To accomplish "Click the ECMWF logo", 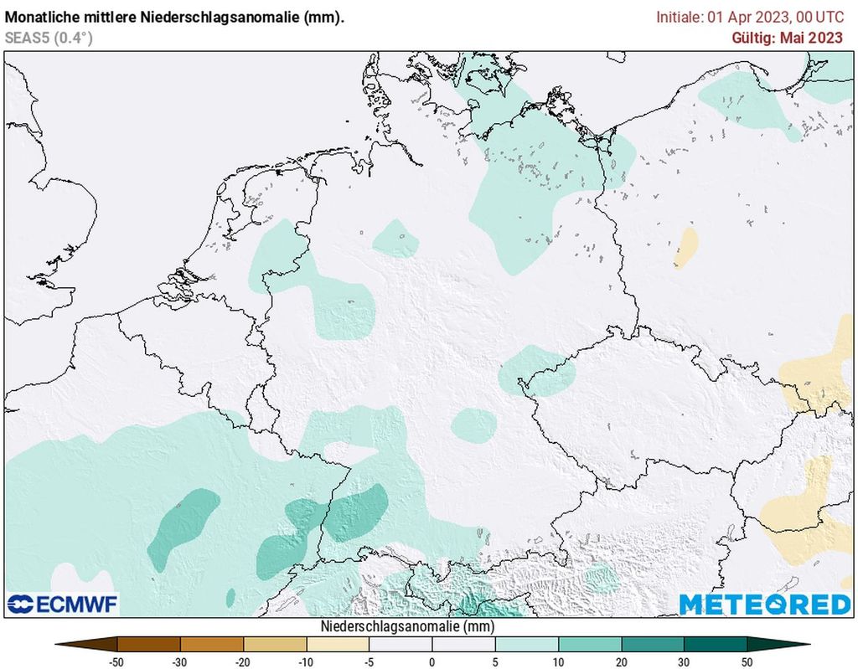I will coord(63,604).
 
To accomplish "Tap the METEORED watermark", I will coord(764,604).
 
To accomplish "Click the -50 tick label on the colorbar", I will coord(117,661).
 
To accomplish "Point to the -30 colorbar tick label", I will coord(180,661).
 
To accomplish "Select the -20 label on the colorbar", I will coord(243,661).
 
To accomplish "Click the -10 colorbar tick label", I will coord(306,661).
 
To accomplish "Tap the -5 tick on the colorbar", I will coord(369,661).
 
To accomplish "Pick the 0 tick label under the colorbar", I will coord(432,661).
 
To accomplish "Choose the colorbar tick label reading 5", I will coord(495,661).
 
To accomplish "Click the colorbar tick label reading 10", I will coord(558,661).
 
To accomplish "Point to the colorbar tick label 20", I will coord(621,661).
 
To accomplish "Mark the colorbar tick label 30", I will coord(684,661).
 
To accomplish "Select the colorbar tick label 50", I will coord(747,661).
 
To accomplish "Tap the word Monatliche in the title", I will coord(42,17).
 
